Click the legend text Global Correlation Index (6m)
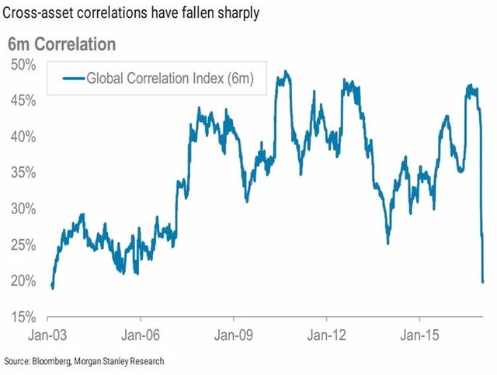pos(171,78)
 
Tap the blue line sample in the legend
pos(71,78)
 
